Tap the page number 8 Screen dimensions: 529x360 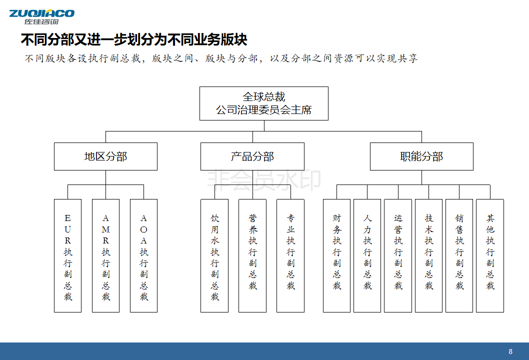(510, 351)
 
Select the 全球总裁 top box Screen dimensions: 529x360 (264, 103)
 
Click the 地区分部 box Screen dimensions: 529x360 (105, 156)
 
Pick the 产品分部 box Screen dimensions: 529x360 (252, 156)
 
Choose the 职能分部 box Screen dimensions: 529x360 (421, 156)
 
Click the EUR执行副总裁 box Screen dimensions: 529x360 (68, 255)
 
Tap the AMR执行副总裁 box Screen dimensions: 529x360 (105, 255)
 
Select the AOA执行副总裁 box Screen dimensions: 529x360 (143, 255)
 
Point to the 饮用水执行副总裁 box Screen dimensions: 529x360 (214, 255)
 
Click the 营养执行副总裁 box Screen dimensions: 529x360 (252, 255)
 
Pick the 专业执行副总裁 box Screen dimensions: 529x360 (290, 255)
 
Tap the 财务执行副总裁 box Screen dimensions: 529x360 (336, 255)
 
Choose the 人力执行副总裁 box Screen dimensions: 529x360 (367, 255)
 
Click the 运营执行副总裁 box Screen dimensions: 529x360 (398, 255)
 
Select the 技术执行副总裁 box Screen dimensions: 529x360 (429, 255)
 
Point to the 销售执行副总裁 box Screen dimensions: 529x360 (459, 255)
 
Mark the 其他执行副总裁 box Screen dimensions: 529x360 (490, 255)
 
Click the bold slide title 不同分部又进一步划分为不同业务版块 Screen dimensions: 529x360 (134, 40)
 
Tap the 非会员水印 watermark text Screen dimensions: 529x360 (264, 180)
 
